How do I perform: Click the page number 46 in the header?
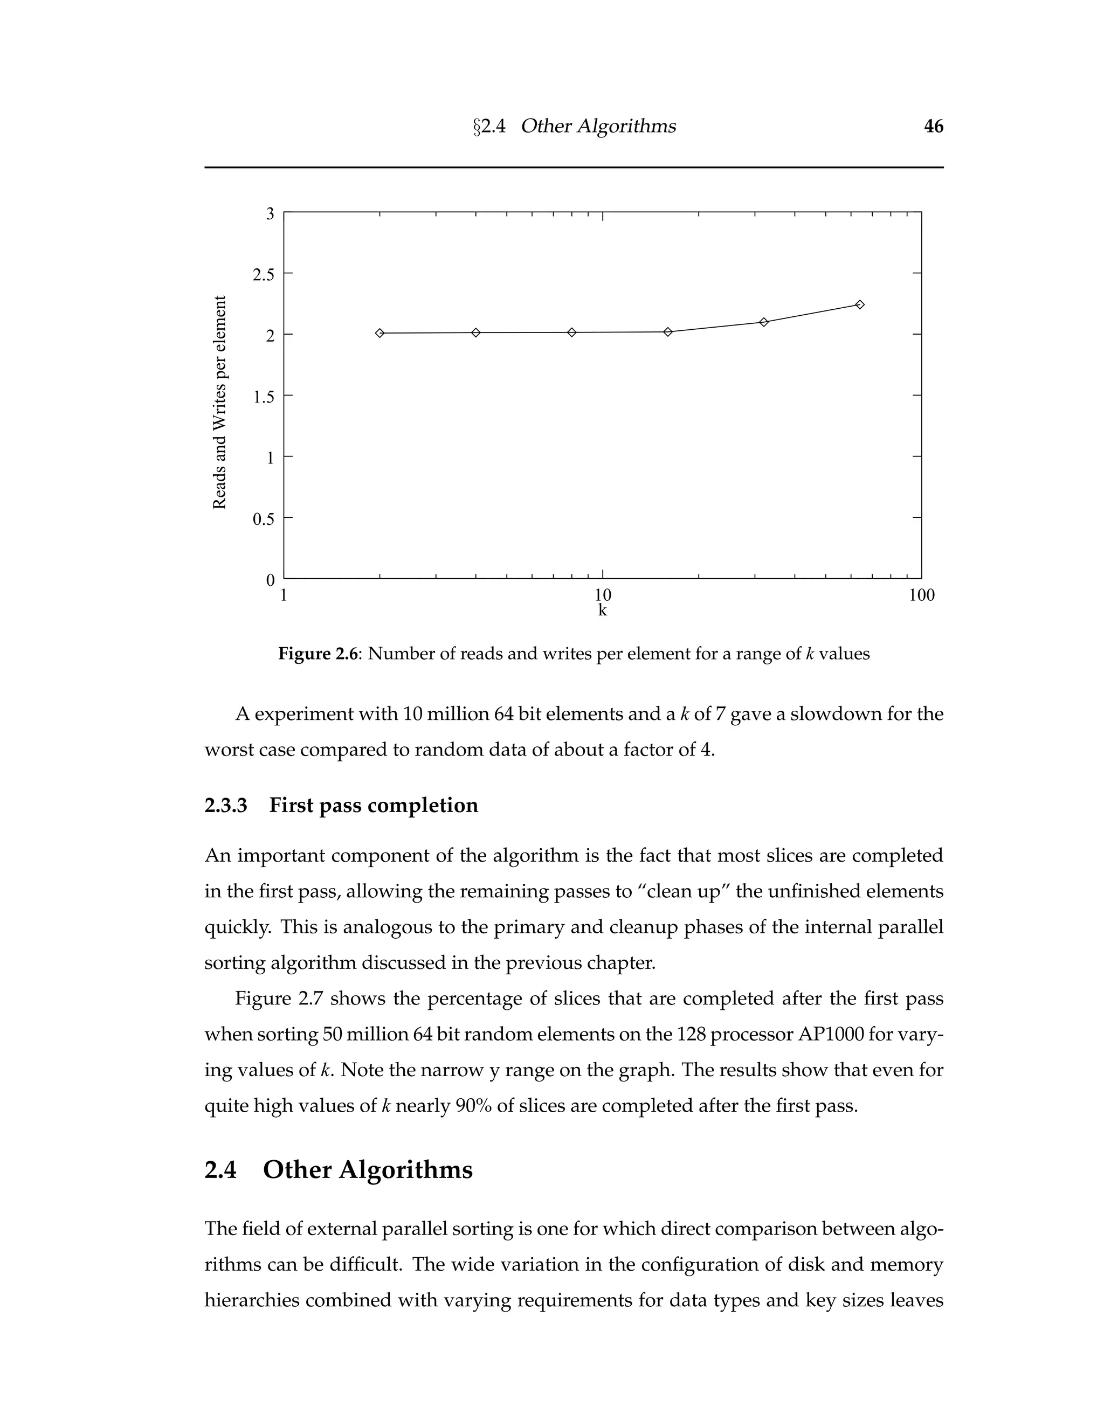click(x=933, y=126)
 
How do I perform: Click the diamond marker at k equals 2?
click(x=380, y=334)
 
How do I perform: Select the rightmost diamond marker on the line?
click(x=860, y=304)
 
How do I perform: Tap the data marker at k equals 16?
click(x=668, y=332)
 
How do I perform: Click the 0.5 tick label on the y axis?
click(x=263, y=519)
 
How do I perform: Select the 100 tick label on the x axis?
click(x=921, y=595)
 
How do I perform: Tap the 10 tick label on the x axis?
click(x=602, y=595)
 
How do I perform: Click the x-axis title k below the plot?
click(x=602, y=611)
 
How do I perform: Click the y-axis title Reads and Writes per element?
click(x=220, y=402)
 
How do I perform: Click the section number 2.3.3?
click(x=226, y=805)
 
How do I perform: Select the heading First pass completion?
click(x=374, y=805)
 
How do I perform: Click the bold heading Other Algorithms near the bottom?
click(x=368, y=1170)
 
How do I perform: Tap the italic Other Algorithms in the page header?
click(x=598, y=126)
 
